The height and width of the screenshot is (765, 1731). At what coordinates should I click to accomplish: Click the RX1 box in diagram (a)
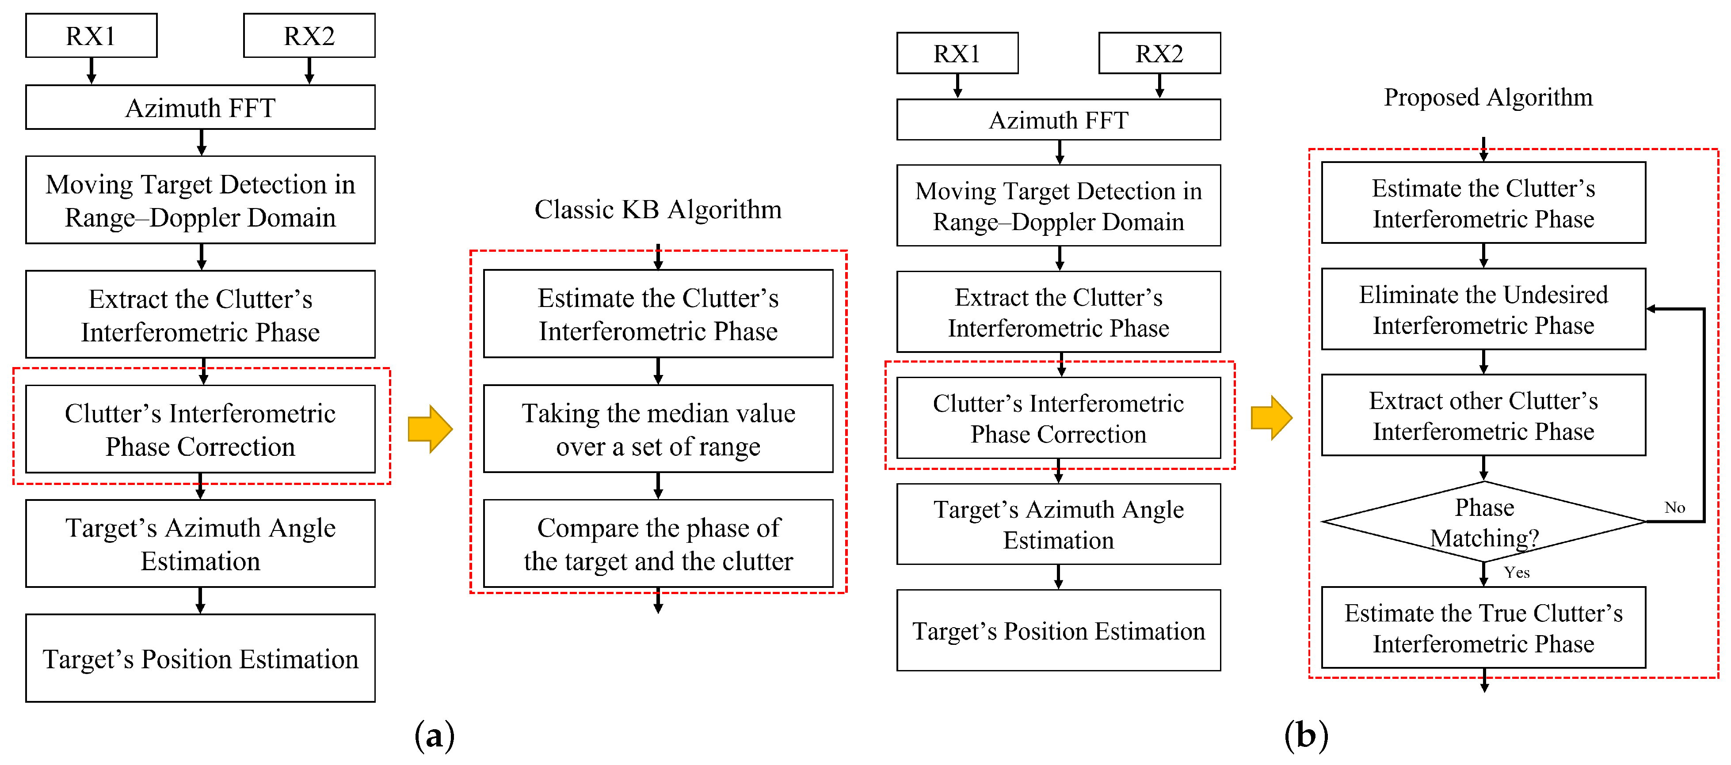(92, 36)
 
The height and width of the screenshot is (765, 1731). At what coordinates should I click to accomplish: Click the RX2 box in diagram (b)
(1159, 53)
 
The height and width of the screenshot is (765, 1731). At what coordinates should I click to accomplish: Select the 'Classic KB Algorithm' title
(658, 209)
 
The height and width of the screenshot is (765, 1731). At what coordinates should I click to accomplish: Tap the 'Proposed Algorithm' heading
(1488, 97)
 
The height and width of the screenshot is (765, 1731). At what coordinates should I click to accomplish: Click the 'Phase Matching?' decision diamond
(1484, 522)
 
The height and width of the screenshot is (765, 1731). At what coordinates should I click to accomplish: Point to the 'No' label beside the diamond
(1674, 508)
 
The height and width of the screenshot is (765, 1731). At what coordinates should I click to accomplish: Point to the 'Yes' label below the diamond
(1517, 572)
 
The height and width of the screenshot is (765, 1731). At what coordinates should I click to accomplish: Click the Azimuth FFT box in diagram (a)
(200, 107)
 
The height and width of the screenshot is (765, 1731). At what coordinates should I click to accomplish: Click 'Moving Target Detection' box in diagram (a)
(200, 200)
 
